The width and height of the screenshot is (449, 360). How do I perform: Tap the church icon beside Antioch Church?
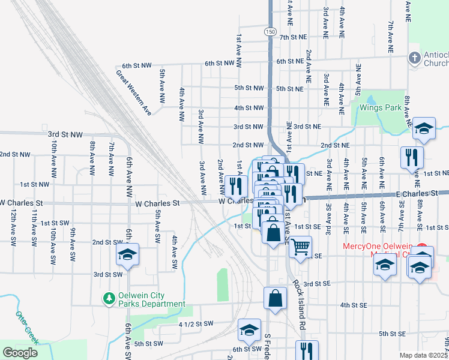coord(414,58)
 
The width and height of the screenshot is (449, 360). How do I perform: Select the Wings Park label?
coord(380,108)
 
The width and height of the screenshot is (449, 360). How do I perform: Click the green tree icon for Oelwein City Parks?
coord(109,298)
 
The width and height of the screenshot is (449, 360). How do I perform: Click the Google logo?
coord(21,352)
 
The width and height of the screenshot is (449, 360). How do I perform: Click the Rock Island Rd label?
coord(298,306)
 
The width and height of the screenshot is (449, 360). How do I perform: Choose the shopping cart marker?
coord(300,245)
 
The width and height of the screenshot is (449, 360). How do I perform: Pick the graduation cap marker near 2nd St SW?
coord(127,255)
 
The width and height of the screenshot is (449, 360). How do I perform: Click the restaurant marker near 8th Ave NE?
coord(412,157)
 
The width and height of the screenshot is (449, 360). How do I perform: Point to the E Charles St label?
coord(416,194)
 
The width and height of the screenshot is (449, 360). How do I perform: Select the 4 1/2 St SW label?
coord(196,324)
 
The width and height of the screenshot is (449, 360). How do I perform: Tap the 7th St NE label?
coord(294,37)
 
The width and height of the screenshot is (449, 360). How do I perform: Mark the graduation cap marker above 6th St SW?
coord(249,330)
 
